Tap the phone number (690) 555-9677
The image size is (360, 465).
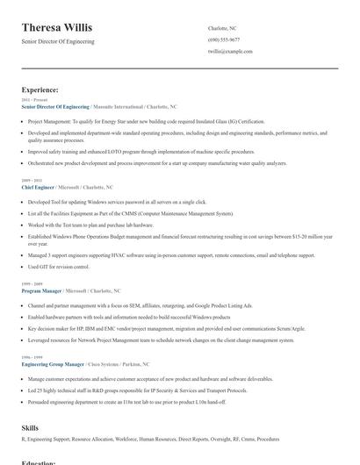click(x=224, y=39)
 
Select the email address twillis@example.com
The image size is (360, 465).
click(x=230, y=52)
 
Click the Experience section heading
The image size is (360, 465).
click(x=40, y=89)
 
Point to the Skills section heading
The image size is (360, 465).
click(x=30, y=427)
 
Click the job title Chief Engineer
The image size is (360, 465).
click(x=37, y=187)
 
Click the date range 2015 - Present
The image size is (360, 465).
click(x=34, y=100)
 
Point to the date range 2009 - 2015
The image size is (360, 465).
click(x=32, y=181)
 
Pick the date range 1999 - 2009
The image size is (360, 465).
click(x=32, y=283)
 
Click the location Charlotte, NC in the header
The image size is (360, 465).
click(x=222, y=28)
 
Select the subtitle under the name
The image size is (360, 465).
click(x=58, y=41)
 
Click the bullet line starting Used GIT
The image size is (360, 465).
click(x=59, y=267)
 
